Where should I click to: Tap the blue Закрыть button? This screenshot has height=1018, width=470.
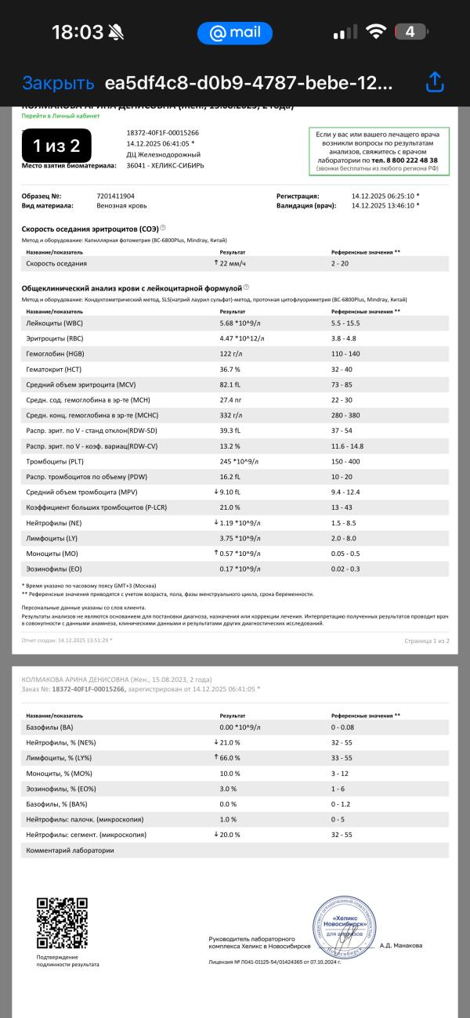tap(58, 83)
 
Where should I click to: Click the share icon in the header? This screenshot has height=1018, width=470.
tap(435, 82)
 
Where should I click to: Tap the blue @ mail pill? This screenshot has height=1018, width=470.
tap(234, 33)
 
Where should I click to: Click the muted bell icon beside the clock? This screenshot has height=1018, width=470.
tap(117, 33)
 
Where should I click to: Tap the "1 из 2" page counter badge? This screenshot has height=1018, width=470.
tap(56, 146)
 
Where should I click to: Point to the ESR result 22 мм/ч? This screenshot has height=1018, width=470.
tap(237, 264)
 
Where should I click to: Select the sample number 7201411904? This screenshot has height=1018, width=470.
tap(115, 196)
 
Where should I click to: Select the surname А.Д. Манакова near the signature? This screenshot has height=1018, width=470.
tap(400, 945)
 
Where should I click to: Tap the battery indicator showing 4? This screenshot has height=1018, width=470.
tap(410, 32)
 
